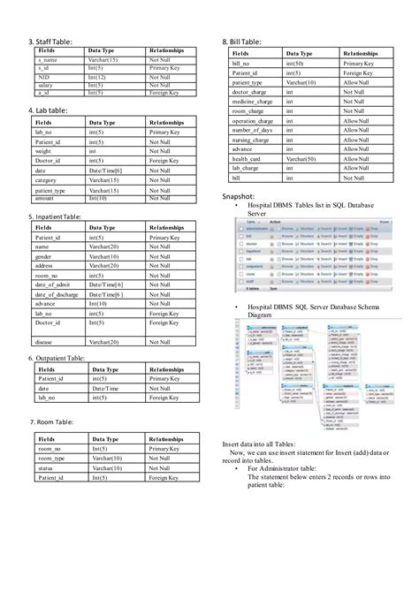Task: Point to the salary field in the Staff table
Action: pos(46,84)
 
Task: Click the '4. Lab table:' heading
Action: pos(51,110)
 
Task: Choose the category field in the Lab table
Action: pos(49,180)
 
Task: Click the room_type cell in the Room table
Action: pos(52,459)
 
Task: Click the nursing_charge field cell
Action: pos(251,140)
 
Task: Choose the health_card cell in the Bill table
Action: pos(248,159)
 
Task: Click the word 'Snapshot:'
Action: pos(240,196)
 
